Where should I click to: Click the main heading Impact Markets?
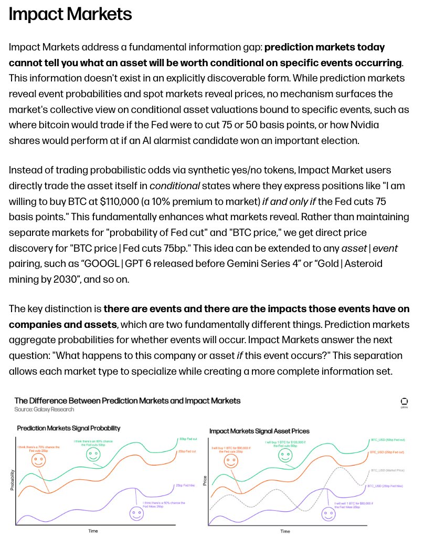point(70,14)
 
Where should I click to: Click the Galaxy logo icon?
point(404,401)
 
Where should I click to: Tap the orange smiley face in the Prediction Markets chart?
point(37,461)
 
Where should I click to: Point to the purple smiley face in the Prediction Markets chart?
point(136,513)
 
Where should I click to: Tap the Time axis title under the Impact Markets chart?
point(285,531)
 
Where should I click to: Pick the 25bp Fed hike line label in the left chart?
point(185,485)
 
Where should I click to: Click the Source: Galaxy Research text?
point(44,409)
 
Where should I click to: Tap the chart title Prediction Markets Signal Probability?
point(69,428)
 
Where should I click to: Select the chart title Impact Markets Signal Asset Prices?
point(259,431)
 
